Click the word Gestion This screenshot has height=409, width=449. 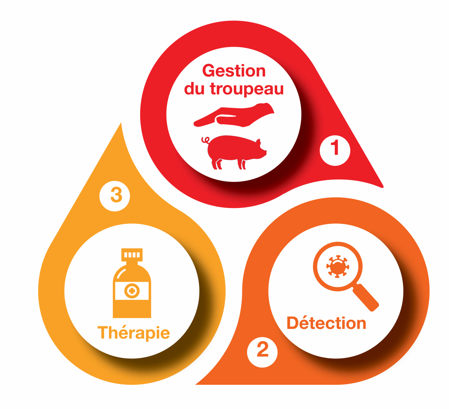tap(234, 71)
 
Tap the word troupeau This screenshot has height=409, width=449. tap(247, 89)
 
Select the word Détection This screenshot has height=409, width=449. tap(326, 323)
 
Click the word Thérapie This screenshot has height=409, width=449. tap(134, 333)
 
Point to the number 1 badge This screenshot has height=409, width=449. tap(335, 150)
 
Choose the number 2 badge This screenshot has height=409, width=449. tap(262, 352)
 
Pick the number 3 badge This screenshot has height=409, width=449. tap(115, 196)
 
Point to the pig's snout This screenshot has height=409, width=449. tap(264, 152)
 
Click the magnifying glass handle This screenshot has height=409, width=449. tap(366, 298)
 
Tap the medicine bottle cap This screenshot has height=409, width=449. tap(132, 255)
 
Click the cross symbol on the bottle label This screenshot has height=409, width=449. tap(132, 291)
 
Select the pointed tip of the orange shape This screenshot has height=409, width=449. tap(197, 384)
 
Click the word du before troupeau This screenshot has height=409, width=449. tap(194, 89)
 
